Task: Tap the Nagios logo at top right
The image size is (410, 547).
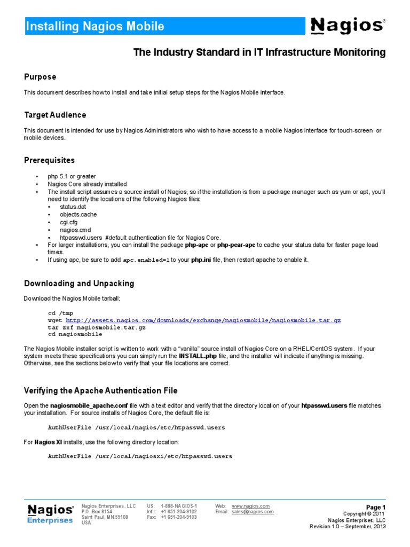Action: click(347, 25)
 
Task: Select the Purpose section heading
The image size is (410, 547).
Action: click(40, 77)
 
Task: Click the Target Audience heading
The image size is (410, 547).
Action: click(55, 115)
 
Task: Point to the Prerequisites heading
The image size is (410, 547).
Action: click(49, 160)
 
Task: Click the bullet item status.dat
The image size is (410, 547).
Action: click(73, 207)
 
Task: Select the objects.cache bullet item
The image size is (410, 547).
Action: click(78, 214)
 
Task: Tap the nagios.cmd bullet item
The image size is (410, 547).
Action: click(76, 230)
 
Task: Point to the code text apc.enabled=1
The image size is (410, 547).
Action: click(146, 260)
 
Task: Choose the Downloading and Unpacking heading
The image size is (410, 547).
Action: click(79, 284)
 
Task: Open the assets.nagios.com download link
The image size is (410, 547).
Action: click(202, 320)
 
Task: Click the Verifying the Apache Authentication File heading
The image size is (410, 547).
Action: click(101, 391)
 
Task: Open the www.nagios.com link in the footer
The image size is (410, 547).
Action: click(250, 506)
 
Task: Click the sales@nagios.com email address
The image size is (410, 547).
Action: click(253, 512)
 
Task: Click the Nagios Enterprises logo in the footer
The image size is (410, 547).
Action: click(50, 513)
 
